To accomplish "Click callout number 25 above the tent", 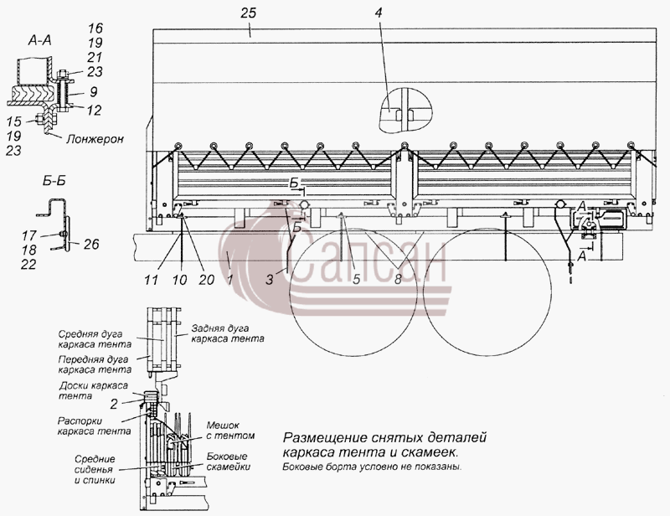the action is click(x=248, y=13).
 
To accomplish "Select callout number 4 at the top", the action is click(x=379, y=13).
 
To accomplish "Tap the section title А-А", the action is click(x=39, y=40).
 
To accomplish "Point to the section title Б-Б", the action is click(x=54, y=181).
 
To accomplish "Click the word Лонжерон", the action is click(x=95, y=139).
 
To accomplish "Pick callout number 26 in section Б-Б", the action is click(x=91, y=244).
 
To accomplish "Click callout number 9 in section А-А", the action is click(x=94, y=92).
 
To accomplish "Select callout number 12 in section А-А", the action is click(x=94, y=111).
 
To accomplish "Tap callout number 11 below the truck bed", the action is click(x=152, y=280).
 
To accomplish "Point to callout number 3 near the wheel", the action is click(x=269, y=280).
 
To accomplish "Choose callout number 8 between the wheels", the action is click(x=398, y=280).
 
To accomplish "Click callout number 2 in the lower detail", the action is click(x=114, y=404).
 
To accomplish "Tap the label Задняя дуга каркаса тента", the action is click(x=227, y=333).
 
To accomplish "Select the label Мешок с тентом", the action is click(x=230, y=431).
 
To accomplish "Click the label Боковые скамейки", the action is click(x=228, y=462).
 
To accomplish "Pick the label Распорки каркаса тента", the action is click(x=94, y=426).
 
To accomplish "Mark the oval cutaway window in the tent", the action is click(x=405, y=111).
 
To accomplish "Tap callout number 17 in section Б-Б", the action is click(x=29, y=235).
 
